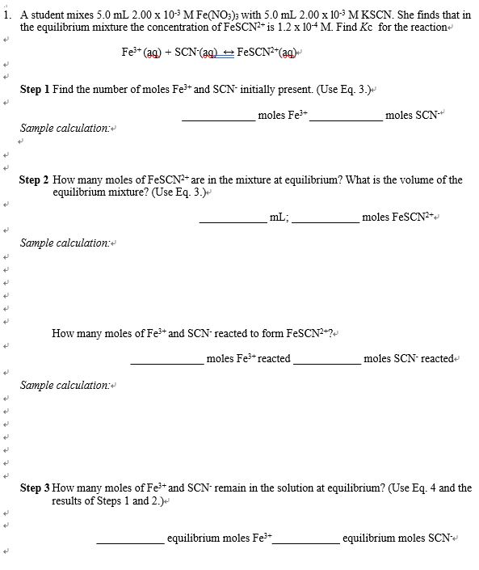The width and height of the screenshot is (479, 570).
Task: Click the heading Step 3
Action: pyautogui.click(x=35, y=488)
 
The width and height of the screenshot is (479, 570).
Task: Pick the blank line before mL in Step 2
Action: pyautogui.click(x=233, y=219)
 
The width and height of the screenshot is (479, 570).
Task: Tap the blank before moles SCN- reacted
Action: pyautogui.click(x=327, y=361)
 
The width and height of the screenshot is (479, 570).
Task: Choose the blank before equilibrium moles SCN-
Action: pyautogui.click(x=307, y=540)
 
